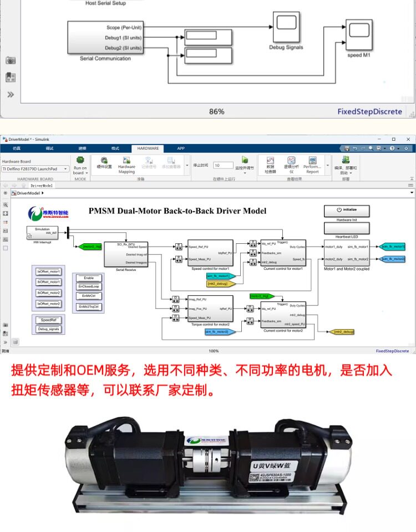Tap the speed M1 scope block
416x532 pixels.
(x=359, y=34)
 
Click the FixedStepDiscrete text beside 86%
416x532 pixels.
(x=370, y=111)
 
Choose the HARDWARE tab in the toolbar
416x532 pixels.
(x=148, y=149)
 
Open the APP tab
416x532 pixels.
(x=181, y=149)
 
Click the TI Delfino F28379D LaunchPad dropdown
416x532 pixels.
(x=35, y=168)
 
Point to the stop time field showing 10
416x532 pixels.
(x=224, y=165)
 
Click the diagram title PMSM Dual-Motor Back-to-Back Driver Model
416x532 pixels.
(x=177, y=211)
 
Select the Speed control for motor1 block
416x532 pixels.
(x=210, y=253)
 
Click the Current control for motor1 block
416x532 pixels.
(x=283, y=253)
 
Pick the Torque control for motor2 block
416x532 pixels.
(x=210, y=308)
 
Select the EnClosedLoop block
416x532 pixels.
(x=89, y=287)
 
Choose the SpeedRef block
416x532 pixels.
(x=49, y=320)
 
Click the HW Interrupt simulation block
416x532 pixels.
(x=42, y=232)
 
